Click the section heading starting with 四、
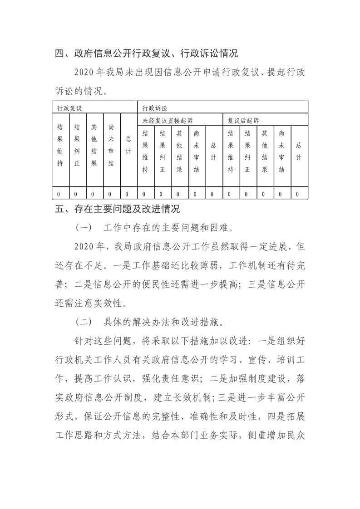click(x=146, y=54)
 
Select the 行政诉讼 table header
click(x=154, y=108)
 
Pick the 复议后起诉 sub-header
click(x=243, y=121)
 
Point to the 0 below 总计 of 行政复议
click(x=127, y=194)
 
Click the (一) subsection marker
click(x=84, y=227)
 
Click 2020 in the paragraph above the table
click(x=84, y=73)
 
